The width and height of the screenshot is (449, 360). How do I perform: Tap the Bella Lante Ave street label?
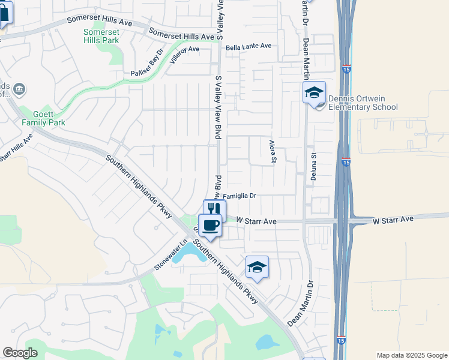click(249, 46)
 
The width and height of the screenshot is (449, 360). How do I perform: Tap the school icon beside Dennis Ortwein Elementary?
click(313, 93)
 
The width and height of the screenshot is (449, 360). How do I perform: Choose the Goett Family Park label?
click(43, 118)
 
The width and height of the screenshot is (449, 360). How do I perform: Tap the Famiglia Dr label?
click(240, 196)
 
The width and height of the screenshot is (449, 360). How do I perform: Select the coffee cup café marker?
click(210, 225)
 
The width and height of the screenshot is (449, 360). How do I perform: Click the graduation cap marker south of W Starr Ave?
click(257, 267)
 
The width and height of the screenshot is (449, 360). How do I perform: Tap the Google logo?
click(20, 353)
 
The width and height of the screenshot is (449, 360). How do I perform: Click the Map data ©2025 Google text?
click(411, 355)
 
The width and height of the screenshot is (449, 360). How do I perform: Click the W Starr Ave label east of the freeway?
click(393, 220)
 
